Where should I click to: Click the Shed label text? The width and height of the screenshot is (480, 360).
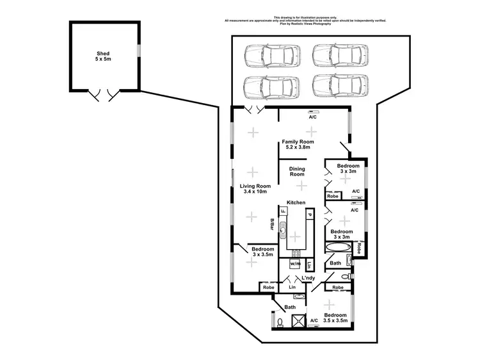click(103, 55)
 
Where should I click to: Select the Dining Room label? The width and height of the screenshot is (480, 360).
click(297, 172)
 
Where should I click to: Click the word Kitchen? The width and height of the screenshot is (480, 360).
click(296, 202)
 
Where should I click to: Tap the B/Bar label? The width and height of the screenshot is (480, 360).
click(272, 225)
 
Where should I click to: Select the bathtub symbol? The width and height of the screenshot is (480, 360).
click(338, 248)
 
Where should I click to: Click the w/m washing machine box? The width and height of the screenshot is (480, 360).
click(295, 264)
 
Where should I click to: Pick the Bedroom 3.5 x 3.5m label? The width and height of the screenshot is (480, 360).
click(335, 318)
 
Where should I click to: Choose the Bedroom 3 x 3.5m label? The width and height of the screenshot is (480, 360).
click(262, 252)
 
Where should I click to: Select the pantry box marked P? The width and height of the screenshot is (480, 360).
click(308, 215)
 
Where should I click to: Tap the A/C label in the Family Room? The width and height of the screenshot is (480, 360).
click(312, 118)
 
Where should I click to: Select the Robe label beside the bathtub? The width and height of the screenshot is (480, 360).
click(360, 248)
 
